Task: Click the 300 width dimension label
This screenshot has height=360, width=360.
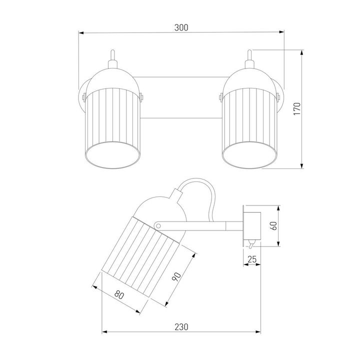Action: (x=181, y=27)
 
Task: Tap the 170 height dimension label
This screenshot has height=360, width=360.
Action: (x=297, y=109)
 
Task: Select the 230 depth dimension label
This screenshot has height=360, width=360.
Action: (x=181, y=326)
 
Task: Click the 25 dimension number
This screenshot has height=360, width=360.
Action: (x=252, y=259)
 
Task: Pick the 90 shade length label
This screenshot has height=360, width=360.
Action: (x=176, y=276)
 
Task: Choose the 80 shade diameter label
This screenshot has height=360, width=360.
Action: (x=119, y=295)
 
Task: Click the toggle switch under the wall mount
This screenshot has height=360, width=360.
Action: (x=251, y=244)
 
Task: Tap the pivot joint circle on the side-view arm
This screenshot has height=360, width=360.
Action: (x=158, y=226)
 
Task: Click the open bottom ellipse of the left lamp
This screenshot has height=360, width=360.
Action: (x=112, y=154)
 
